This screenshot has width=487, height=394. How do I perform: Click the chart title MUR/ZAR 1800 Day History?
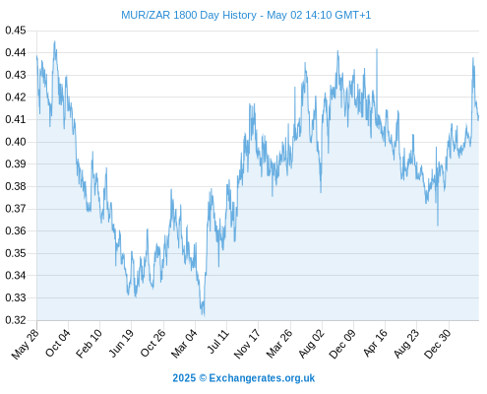(189, 15)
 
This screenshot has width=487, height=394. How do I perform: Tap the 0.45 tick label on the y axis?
(16, 31)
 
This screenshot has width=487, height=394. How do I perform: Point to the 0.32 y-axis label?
(16, 320)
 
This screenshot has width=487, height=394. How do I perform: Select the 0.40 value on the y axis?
(16, 142)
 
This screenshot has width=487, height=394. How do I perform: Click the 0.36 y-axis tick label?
(16, 230)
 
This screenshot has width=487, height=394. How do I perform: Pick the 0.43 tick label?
(16, 75)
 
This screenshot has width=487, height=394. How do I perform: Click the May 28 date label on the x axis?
(26, 344)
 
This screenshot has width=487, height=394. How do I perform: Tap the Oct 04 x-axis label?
(58, 343)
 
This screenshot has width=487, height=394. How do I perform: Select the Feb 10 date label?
(89, 344)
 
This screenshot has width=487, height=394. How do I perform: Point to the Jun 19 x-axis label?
(121, 343)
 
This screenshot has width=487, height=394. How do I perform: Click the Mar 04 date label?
(184, 344)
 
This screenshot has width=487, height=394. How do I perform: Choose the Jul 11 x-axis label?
(217, 342)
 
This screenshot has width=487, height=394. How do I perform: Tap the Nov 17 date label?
(247, 344)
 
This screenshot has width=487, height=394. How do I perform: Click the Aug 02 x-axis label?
(311, 344)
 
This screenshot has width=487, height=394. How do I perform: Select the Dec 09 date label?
(342, 344)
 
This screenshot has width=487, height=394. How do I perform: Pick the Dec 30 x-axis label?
(438, 344)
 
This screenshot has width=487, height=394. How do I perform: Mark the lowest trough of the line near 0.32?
(204, 315)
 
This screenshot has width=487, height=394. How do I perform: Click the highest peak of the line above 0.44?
(54, 41)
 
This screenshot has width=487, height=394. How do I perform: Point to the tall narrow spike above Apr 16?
(377, 49)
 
